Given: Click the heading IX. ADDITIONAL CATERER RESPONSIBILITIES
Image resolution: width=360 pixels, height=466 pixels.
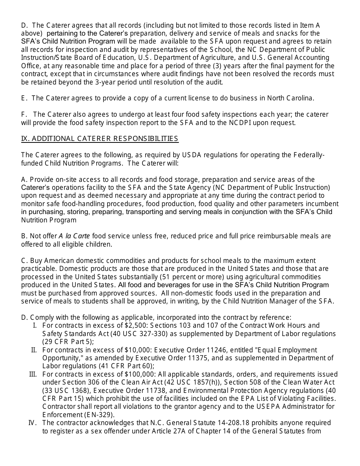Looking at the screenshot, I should (100, 139).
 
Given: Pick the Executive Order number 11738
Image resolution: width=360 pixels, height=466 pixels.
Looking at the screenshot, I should (159, 390).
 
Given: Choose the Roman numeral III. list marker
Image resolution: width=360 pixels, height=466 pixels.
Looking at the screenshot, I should (33, 374).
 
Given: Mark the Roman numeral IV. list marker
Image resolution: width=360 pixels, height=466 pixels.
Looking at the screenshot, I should (33, 423).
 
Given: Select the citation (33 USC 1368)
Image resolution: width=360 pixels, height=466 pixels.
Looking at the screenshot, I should (65, 390).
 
